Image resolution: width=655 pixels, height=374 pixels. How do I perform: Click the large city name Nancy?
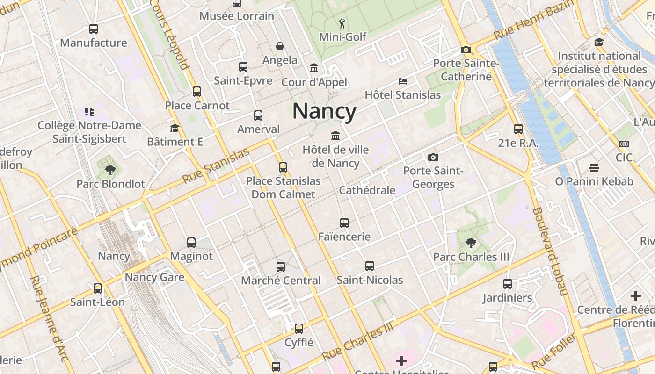pos(324,111)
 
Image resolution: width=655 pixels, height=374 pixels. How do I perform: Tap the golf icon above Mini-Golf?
pos(342,23)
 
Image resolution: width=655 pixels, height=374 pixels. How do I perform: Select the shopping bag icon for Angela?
pos(280,46)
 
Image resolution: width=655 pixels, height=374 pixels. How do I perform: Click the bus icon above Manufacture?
pos(94,29)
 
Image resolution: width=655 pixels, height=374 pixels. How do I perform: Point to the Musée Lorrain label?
pos(237,16)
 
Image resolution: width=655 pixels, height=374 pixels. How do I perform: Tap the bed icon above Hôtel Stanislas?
pos(402,81)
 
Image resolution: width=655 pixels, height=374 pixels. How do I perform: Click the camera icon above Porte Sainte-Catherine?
pos(466,50)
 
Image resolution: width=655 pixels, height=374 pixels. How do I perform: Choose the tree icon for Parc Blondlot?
pos(110,170)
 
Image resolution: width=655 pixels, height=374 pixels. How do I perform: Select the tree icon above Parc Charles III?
pos(471,243)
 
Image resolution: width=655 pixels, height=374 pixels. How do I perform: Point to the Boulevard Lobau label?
pos(549,251)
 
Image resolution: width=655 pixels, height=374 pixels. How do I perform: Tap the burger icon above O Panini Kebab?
pos(594,167)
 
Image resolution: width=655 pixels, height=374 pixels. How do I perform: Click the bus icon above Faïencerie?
pos(344,223)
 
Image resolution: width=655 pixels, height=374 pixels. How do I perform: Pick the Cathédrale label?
pos(367,190)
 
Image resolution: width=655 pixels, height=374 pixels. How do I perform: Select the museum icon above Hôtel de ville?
pos(335,136)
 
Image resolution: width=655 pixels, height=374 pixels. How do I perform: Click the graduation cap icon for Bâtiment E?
pos(175,128)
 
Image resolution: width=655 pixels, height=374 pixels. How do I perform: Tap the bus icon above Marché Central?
pos(281,267)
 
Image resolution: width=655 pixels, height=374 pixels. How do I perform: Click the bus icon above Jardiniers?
pos(508,284)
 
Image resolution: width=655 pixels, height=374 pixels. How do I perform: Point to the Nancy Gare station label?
pos(154,277)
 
